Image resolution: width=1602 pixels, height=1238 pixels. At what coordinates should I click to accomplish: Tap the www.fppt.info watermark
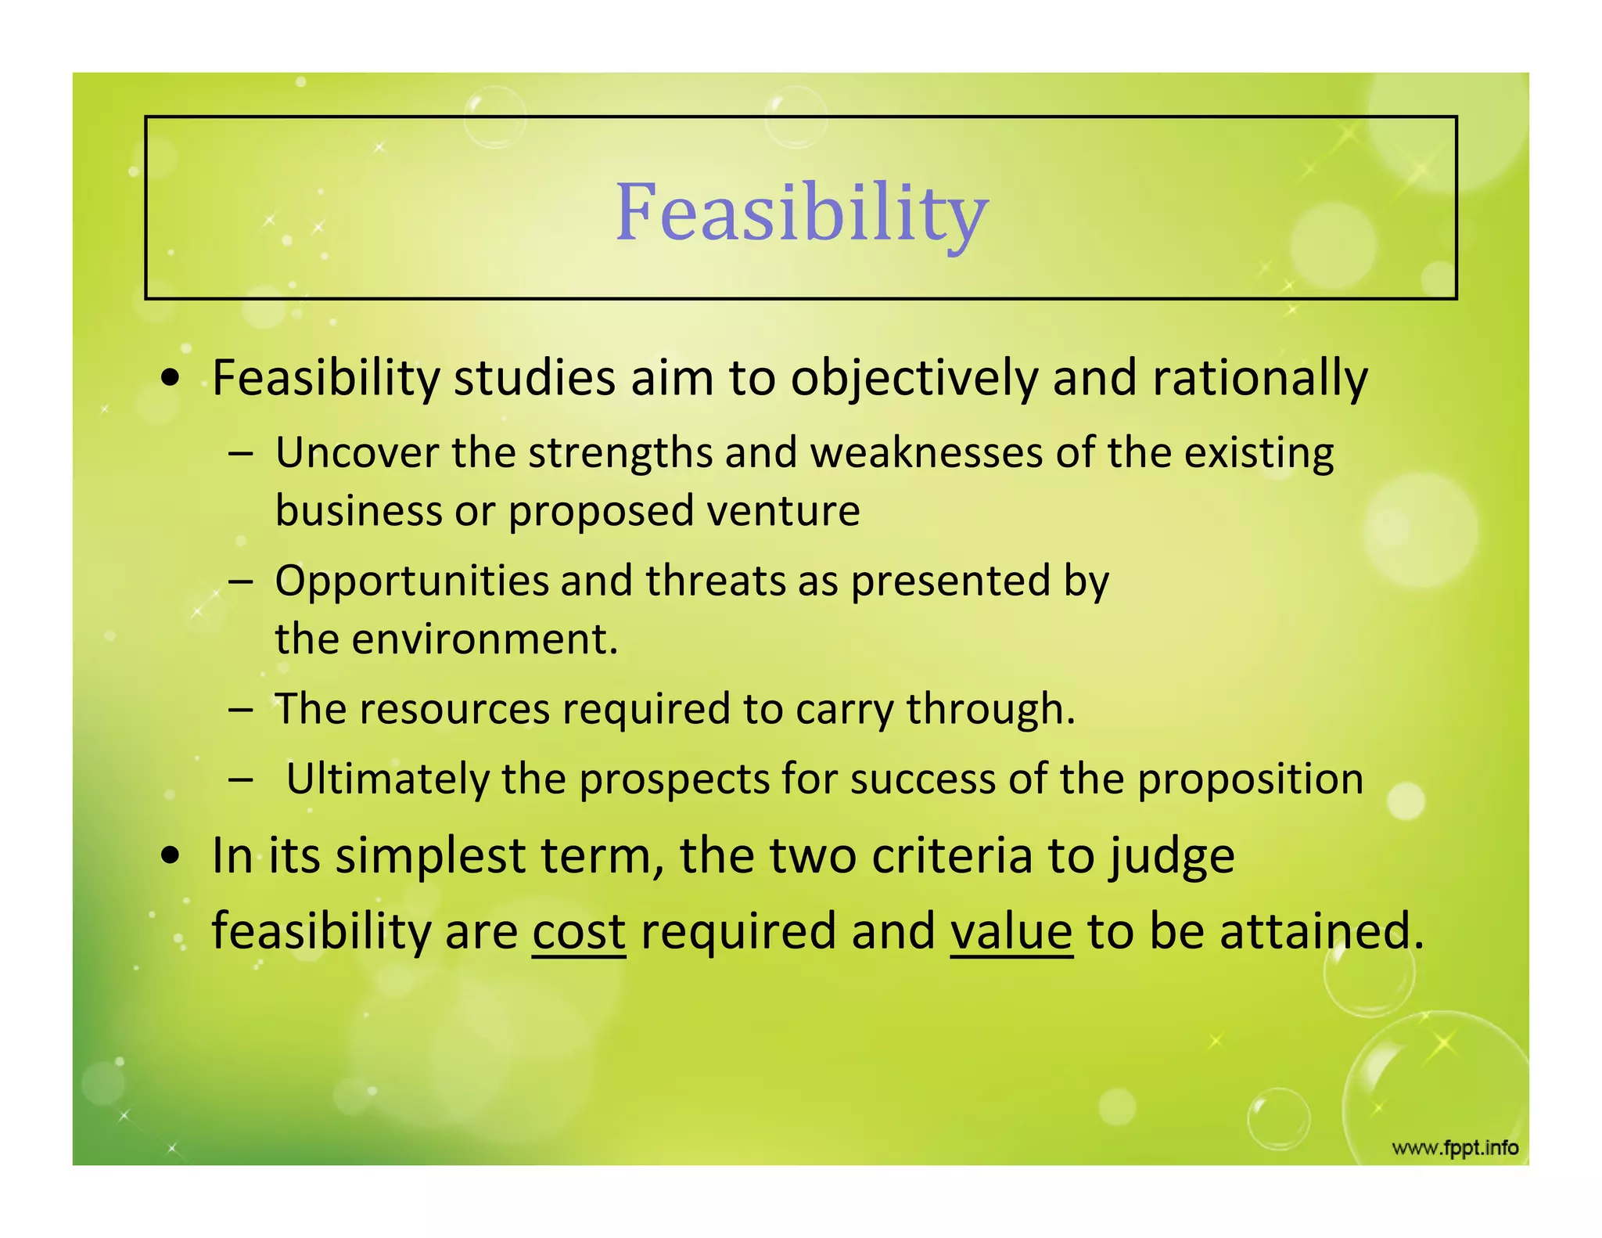click(1455, 1148)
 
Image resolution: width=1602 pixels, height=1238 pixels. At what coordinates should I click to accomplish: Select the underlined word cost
click(579, 931)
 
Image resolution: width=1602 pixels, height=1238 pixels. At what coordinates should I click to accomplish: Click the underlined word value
click(1011, 931)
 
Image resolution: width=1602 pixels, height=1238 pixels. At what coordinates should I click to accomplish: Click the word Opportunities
click(412, 581)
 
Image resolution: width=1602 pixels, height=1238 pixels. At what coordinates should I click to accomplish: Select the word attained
click(1321, 931)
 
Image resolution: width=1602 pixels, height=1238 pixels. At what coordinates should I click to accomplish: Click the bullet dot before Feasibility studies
click(170, 380)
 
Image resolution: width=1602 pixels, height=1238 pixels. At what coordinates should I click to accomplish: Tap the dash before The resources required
click(241, 710)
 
